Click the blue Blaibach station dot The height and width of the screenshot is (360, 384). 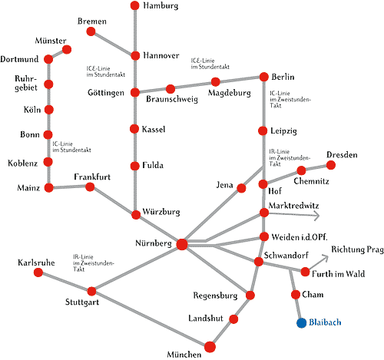(302, 322)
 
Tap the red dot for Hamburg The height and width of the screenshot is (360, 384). (135, 5)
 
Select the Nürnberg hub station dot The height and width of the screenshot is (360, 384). (182, 244)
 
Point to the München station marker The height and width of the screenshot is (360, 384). (210, 347)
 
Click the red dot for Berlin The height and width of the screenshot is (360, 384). (264, 77)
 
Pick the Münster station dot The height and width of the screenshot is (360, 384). (67, 49)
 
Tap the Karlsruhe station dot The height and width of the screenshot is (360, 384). (38, 272)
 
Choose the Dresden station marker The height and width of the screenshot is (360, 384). (331, 165)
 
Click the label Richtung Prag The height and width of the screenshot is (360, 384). (357, 249)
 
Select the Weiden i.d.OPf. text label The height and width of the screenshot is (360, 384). (300, 237)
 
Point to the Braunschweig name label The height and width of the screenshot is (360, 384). (172, 99)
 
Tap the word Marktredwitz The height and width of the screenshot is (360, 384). (293, 206)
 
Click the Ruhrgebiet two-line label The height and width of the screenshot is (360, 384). (26, 83)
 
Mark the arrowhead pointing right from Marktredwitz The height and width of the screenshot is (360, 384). (317, 216)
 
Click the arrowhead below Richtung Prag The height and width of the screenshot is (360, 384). (325, 258)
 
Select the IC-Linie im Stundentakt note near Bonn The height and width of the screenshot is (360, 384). (71, 147)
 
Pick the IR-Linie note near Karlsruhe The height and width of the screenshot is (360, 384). (94, 263)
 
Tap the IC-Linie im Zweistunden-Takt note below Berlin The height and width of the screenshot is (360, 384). (290, 99)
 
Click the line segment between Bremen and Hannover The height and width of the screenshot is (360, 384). (113, 44)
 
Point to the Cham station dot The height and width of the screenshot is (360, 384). (296, 295)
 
